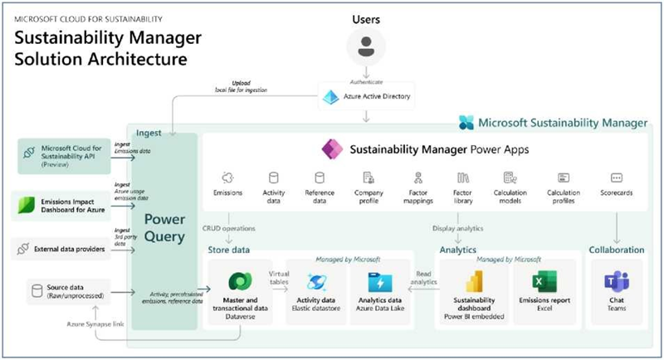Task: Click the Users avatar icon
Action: (365, 46)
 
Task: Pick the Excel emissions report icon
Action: (545, 280)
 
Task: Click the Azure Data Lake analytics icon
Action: (379, 280)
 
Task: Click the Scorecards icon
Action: (616, 178)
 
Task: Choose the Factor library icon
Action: (463, 178)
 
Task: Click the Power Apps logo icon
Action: (334, 149)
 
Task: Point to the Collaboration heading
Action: (616, 249)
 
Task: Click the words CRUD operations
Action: (228, 228)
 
